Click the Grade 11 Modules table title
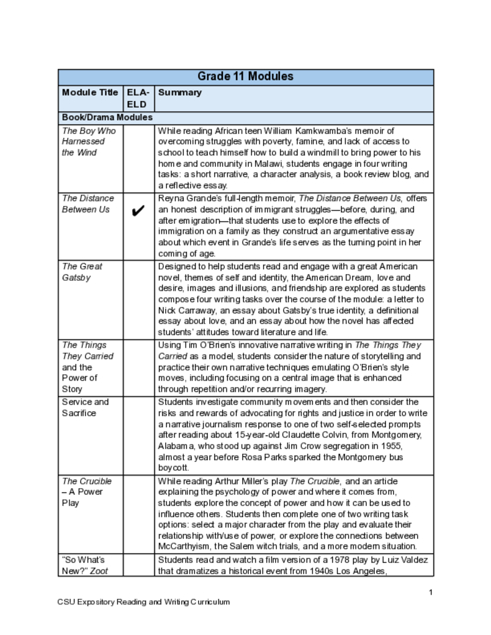(x=245, y=77)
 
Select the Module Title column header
(x=90, y=92)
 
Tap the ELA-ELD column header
(x=138, y=98)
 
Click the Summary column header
(x=180, y=92)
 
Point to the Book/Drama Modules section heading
(x=107, y=117)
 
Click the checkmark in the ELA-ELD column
(x=138, y=211)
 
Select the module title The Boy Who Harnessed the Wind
(x=88, y=141)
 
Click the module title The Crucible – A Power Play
(x=87, y=492)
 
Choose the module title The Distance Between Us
(x=88, y=203)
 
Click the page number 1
(x=430, y=592)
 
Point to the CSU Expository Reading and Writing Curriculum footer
(x=143, y=602)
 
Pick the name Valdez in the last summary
(x=414, y=561)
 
